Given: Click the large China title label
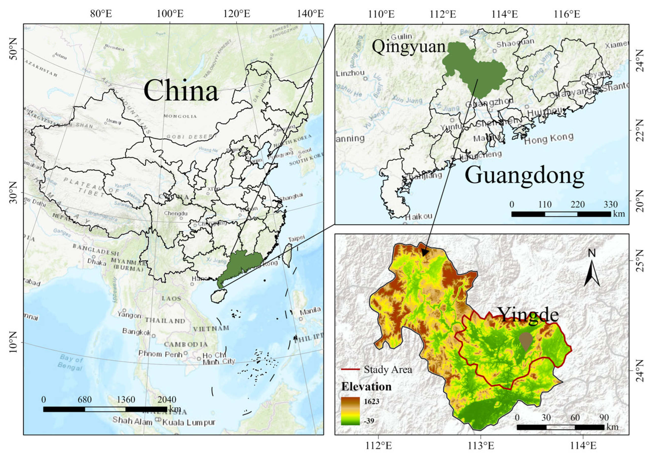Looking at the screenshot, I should (x=181, y=90).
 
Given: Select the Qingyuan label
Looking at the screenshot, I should (x=408, y=47).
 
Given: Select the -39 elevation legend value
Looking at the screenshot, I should (x=369, y=421).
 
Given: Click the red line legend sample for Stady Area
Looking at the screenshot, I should (x=350, y=369).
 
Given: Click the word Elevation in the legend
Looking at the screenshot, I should (x=366, y=386).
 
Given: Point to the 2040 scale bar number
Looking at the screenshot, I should (x=167, y=400).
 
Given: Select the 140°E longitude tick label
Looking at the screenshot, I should (x=310, y=14).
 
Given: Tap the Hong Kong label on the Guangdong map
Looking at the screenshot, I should (x=549, y=139).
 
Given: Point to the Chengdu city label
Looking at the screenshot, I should (x=176, y=213).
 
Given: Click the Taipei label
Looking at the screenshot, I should (x=296, y=238).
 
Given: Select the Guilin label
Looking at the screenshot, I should (x=401, y=36).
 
